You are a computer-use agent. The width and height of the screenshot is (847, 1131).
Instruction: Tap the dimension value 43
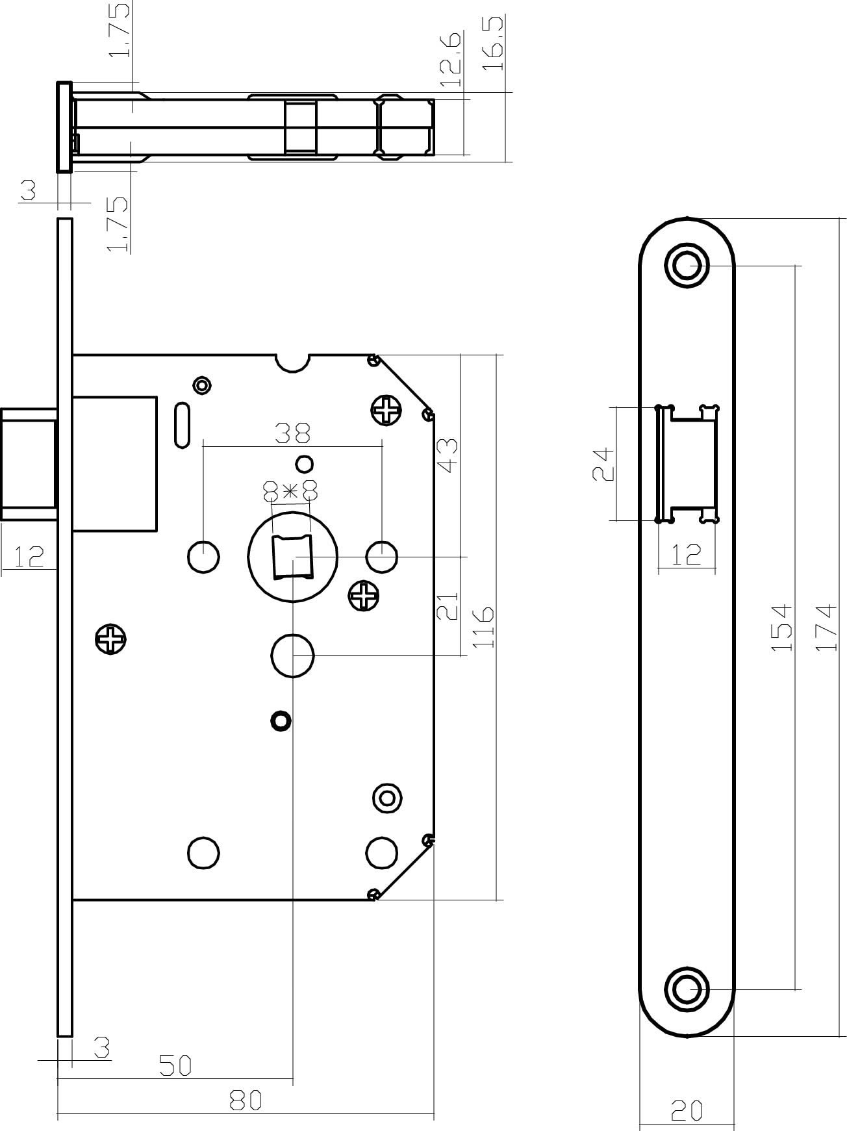click(448, 455)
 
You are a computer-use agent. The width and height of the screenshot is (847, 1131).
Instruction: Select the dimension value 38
click(292, 433)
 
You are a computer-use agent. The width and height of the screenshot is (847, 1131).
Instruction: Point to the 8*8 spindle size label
click(290, 490)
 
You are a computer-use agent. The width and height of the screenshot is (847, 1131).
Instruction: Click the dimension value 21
click(448, 606)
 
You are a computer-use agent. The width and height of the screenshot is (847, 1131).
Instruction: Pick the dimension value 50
click(175, 1065)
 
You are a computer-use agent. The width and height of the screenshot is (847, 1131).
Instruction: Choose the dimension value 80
click(246, 1100)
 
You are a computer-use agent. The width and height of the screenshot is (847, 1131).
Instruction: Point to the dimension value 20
click(687, 1112)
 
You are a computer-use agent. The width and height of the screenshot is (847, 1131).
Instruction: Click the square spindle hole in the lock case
click(292, 557)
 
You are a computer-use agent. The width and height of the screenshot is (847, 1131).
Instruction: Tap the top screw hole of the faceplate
click(687, 265)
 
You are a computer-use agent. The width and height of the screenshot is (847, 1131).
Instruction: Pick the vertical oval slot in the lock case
click(183, 426)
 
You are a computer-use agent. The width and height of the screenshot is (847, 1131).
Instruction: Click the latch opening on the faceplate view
click(687, 464)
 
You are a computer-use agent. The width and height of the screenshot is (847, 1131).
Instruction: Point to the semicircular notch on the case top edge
click(292, 362)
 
